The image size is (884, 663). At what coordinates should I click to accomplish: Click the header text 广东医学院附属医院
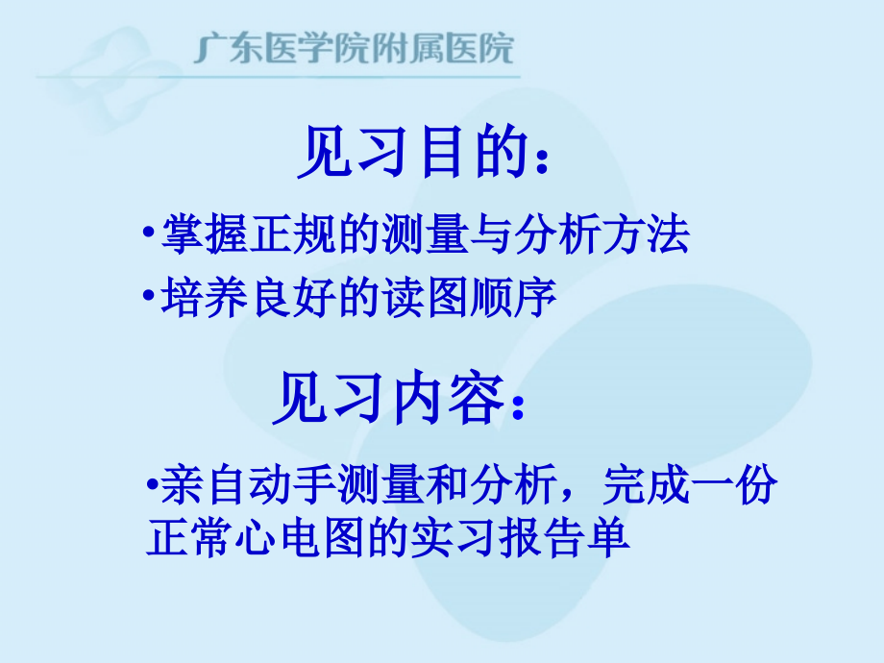pyautogui.click(x=354, y=48)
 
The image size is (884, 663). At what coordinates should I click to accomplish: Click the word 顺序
pyautogui.click(x=520, y=298)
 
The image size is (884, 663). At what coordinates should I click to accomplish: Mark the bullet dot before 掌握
pyautogui.click(x=145, y=233)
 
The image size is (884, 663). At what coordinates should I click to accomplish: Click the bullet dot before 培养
pyautogui.click(x=145, y=296)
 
